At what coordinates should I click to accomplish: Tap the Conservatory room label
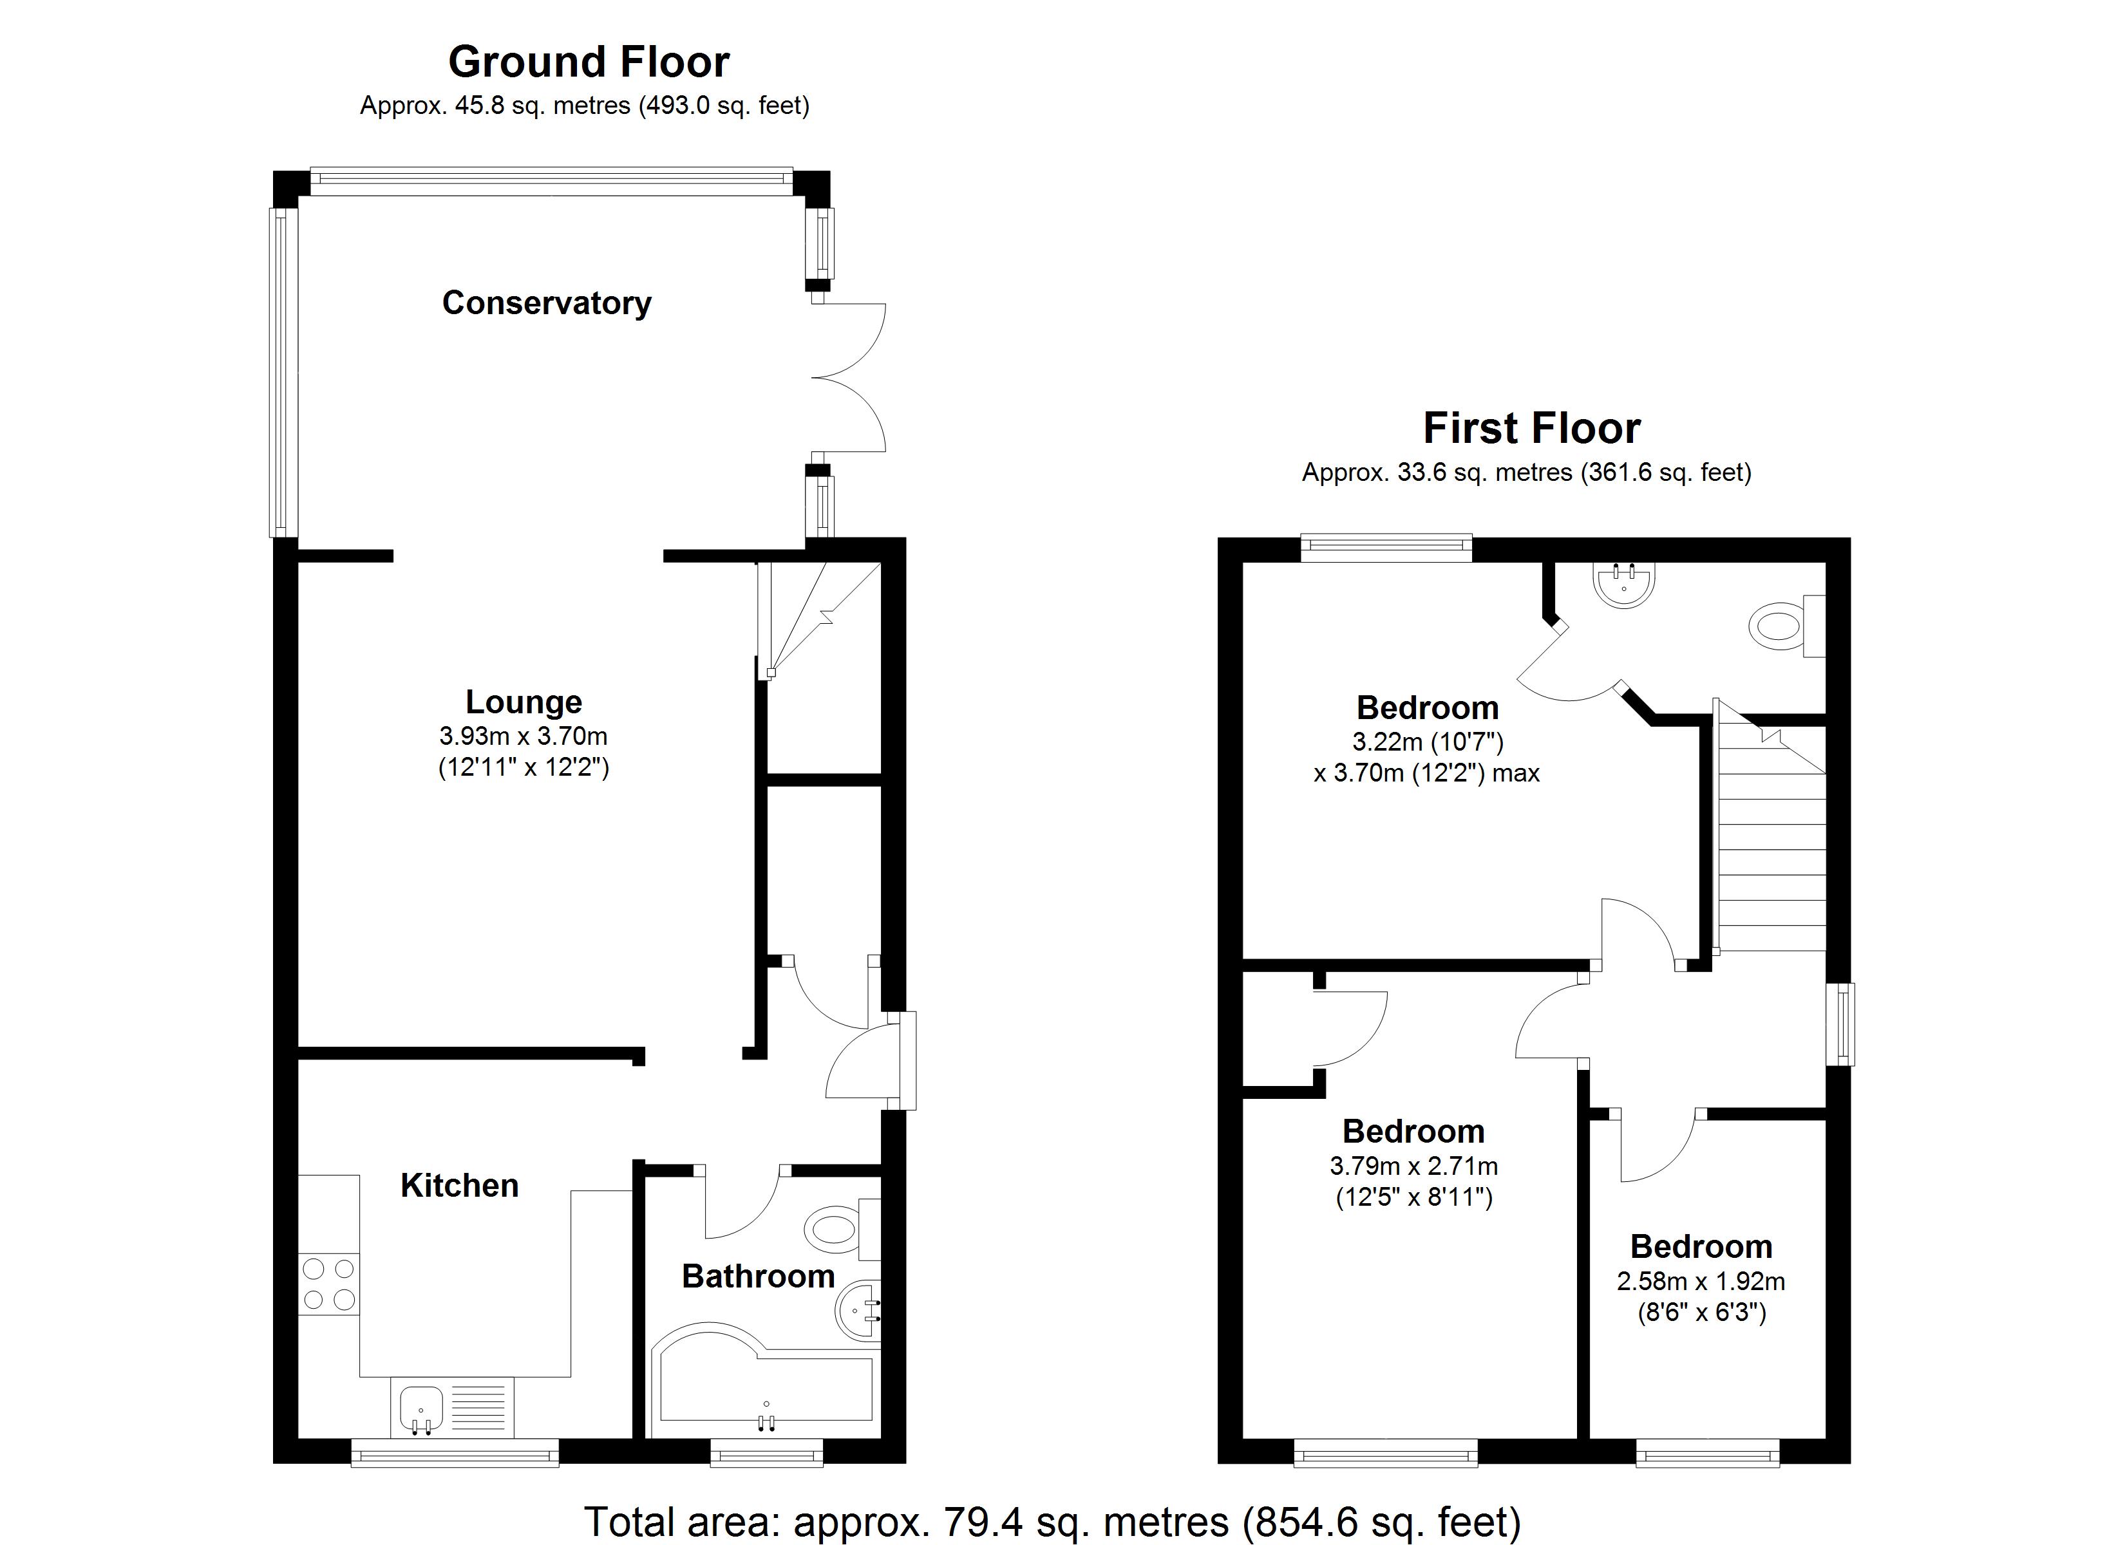(546, 303)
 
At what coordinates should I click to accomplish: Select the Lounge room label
(524, 702)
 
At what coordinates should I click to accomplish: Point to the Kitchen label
(459, 1185)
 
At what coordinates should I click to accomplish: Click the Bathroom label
(758, 1276)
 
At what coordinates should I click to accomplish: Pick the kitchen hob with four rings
(329, 1284)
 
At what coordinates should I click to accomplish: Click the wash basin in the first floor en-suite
(1624, 583)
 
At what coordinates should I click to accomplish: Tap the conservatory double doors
(848, 378)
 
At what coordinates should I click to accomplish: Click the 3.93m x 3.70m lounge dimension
(524, 736)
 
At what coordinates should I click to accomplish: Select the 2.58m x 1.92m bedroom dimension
(1701, 1282)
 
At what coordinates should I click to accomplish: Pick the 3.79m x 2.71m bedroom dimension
(1413, 1166)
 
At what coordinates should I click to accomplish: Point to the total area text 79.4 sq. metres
(1052, 1522)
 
